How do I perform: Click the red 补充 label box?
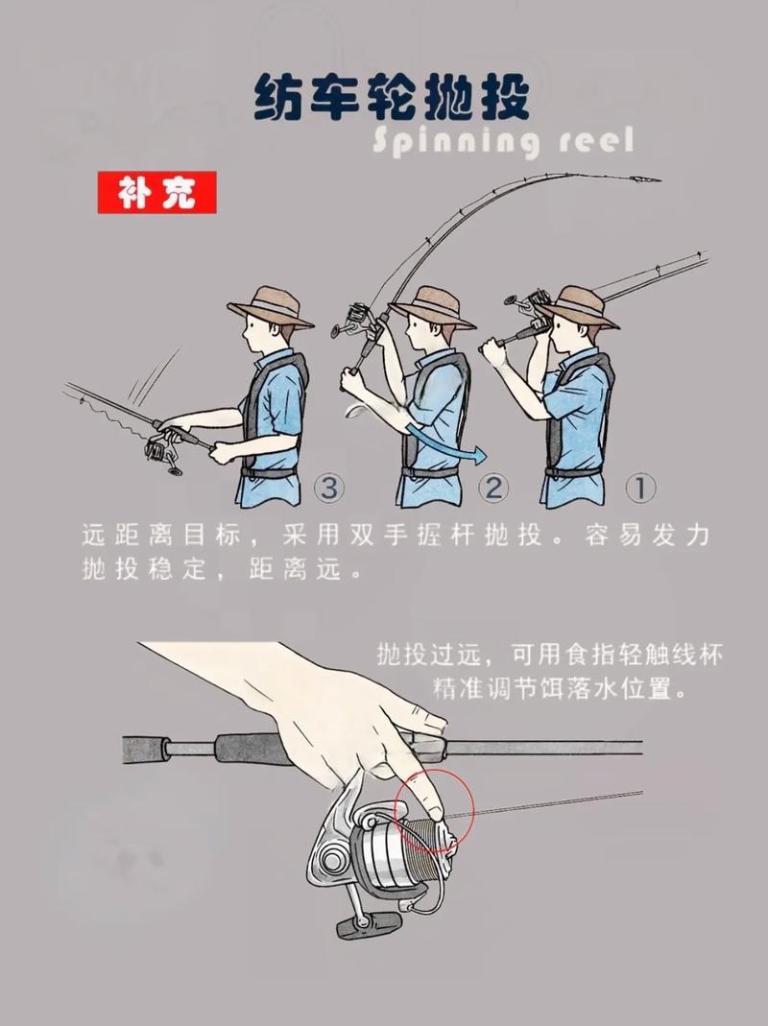tap(157, 193)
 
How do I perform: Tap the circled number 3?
tap(328, 489)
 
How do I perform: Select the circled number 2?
tap(492, 489)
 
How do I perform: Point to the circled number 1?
tap(640, 489)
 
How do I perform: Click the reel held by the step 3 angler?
tap(162, 453)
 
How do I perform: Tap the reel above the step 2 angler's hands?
tap(351, 321)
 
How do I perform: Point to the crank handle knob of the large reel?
tap(367, 923)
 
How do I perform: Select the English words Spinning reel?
tap(502, 142)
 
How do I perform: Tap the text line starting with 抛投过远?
tap(550, 655)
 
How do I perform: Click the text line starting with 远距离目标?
tap(395, 536)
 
